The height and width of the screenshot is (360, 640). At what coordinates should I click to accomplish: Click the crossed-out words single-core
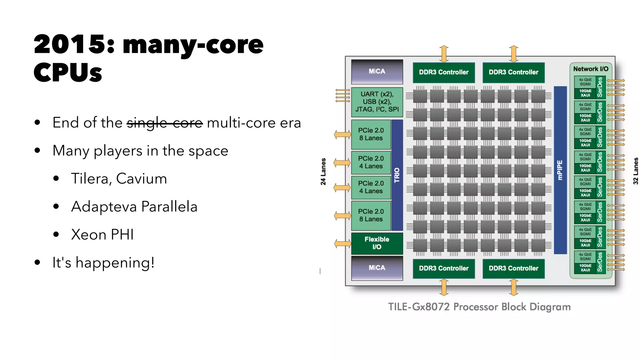(x=165, y=123)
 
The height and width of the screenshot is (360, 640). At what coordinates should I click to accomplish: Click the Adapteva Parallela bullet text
(x=134, y=207)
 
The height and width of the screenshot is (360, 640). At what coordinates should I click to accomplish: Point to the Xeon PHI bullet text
(x=102, y=235)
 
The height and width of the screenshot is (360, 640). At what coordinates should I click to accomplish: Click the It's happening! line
(x=103, y=262)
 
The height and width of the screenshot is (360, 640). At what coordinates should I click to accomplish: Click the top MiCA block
(x=377, y=72)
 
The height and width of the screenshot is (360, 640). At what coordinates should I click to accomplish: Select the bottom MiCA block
(x=377, y=268)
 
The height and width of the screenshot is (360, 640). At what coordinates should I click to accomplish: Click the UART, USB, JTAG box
(x=377, y=102)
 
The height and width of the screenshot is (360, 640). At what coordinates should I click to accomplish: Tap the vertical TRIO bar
(x=397, y=175)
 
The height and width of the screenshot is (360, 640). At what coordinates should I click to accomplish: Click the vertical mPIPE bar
(x=560, y=170)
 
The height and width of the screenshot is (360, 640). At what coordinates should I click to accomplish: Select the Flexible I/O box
(x=377, y=243)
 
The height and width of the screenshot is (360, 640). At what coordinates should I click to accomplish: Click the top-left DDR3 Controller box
(x=443, y=72)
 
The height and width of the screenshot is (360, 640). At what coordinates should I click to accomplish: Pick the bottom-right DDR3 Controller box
(x=513, y=268)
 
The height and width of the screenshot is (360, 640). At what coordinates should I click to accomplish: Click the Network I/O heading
(x=591, y=69)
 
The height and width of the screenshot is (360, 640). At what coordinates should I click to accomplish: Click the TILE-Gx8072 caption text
(x=479, y=307)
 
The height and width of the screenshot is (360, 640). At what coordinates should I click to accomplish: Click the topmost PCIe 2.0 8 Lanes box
(x=371, y=134)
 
